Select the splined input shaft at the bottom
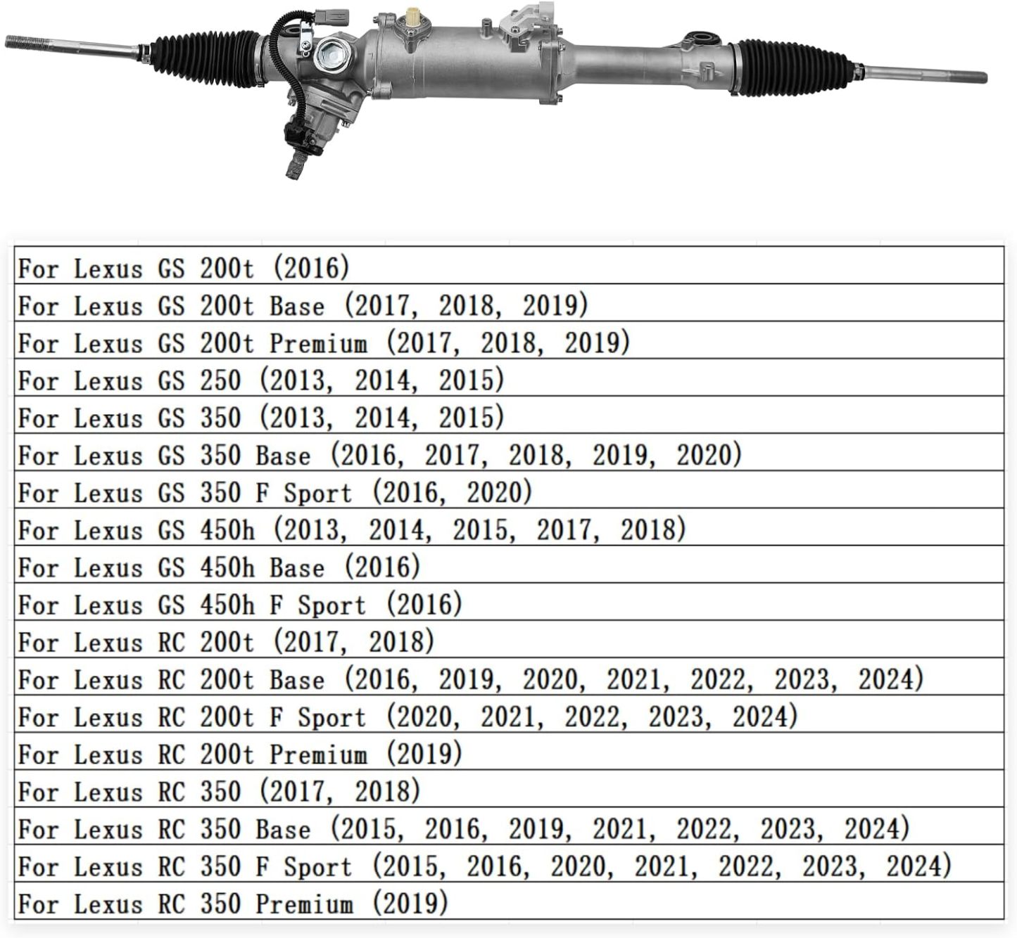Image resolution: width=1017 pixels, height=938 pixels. pyautogui.click(x=294, y=167)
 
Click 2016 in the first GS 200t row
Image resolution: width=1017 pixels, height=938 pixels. pyautogui.click(x=310, y=268)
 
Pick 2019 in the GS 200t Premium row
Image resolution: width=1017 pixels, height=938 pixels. pyautogui.click(x=592, y=342)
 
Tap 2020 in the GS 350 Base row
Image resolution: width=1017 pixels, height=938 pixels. pyautogui.click(x=705, y=455)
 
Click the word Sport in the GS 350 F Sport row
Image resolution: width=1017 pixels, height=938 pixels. pyautogui.click(x=317, y=492)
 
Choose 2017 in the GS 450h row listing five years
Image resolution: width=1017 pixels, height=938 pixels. pyautogui.click(x=564, y=529)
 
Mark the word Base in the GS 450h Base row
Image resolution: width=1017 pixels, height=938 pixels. pyautogui.click(x=297, y=567)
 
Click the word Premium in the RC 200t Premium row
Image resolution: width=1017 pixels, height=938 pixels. pyautogui.click(x=318, y=754)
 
